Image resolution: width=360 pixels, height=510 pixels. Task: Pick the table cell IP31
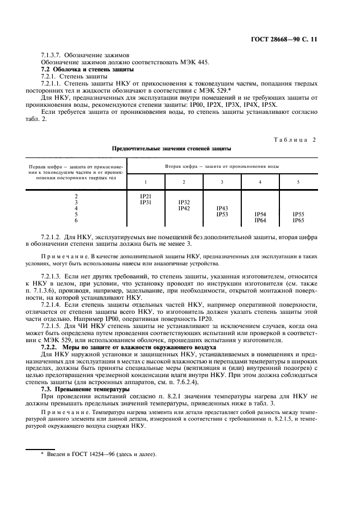pos(146,202)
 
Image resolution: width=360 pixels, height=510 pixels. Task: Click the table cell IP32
pos(184,202)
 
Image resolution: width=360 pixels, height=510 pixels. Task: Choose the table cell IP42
pos(184,208)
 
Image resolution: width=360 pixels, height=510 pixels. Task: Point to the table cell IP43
pos(222,208)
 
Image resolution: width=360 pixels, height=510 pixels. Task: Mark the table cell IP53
pos(222,214)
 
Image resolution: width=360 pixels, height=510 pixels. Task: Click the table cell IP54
pos(260,214)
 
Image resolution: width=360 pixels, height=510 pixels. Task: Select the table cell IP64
pos(260,220)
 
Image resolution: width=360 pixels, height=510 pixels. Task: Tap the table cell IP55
pos(298,214)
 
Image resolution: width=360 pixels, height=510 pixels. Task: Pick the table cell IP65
pos(298,220)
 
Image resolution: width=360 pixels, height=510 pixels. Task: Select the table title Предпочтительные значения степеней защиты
pos(172,148)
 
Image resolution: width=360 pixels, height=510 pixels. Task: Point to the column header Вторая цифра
pos(222,165)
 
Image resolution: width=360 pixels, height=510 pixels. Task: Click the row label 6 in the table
pos(76,220)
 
